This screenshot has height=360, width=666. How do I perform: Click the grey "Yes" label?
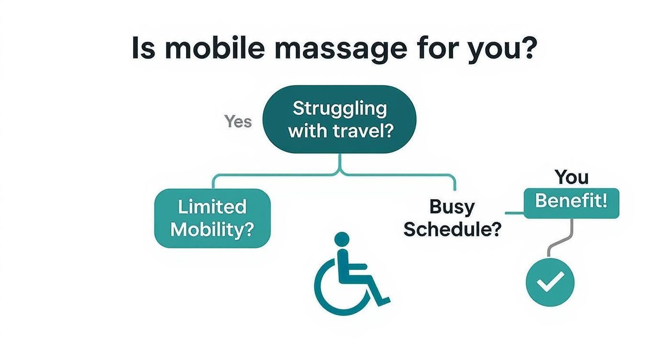pyautogui.click(x=238, y=122)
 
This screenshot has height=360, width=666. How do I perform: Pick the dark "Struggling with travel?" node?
pyautogui.click(x=339, y=119)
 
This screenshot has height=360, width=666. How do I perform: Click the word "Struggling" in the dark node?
pyautogui.click(x=339, y=108)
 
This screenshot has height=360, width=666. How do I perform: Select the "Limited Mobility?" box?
pyautogui.click(x=212, y=218)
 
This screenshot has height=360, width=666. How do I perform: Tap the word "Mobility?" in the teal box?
pyautogui.click(x=212, y=230)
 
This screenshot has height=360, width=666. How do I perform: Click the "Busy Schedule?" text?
pyautogui.click(x=452, y=218)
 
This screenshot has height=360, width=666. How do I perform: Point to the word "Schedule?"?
pyautogui.click(x=452, y=230)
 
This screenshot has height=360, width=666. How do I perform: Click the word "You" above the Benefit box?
pyautogui.click(x=572, y=178)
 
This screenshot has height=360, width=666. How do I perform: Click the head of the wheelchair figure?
pyautogui.click(x=342, y=239)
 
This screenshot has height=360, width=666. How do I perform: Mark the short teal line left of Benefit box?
pyautogui.click(x=515, y=213)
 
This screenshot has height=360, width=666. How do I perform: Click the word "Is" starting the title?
pyautogui.click(x=143, y=48)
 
